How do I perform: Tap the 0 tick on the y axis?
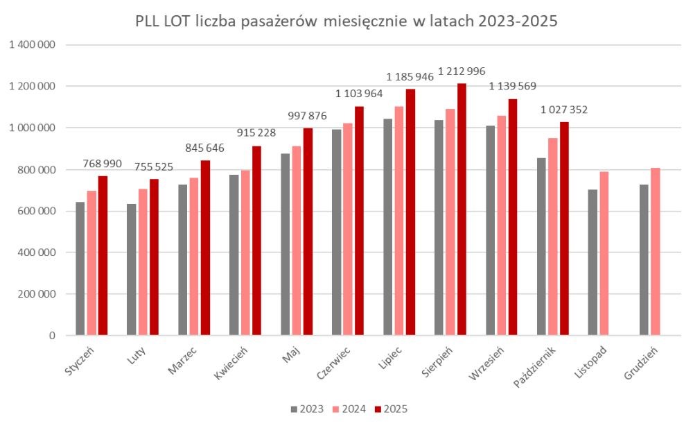point(52,336)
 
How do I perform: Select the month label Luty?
point(136,354)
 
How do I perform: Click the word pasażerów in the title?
point(267,22)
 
